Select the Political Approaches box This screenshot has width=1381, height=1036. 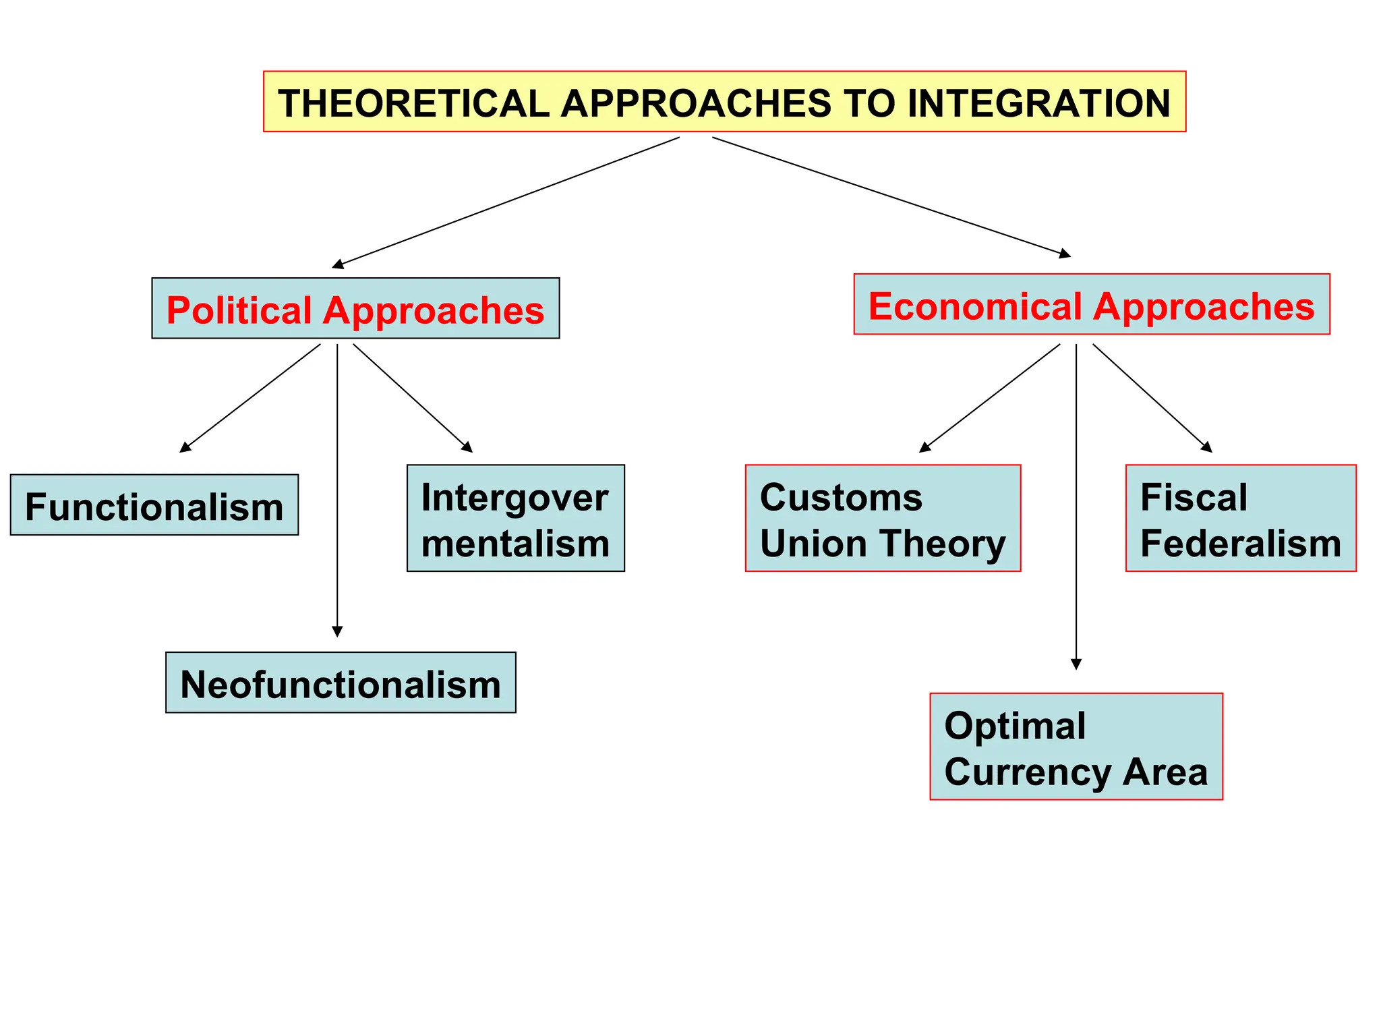(355, 309)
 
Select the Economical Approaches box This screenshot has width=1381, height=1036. (1091, 305)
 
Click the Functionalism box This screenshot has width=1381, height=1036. (154, 505)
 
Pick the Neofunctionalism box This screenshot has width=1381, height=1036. (341, 683)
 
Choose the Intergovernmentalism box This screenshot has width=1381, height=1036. (515, 518)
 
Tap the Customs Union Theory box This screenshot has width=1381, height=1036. (882, 518)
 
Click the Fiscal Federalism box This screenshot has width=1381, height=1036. (1240, 518)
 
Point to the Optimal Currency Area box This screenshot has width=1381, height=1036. (1076, 747)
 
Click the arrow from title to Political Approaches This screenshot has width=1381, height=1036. (506, 202)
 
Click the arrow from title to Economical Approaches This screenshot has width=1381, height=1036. (890, 196)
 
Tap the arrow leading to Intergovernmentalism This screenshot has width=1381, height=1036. (413, 398)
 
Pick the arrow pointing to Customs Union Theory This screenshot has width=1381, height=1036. (989, 398)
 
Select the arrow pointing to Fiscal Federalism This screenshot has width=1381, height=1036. (1152, 398)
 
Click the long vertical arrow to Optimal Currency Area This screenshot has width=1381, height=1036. (1076, 506)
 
